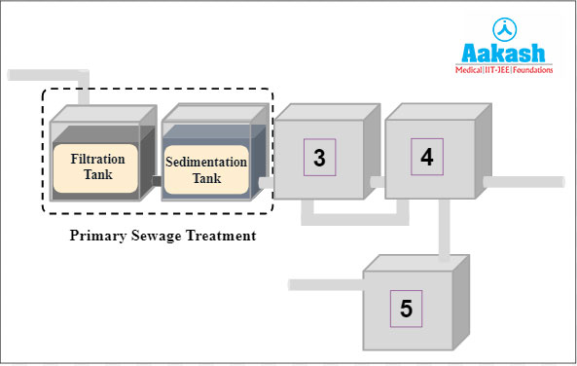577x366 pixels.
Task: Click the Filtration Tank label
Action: (x=96, y=167)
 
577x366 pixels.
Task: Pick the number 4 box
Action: (x=426, y=156)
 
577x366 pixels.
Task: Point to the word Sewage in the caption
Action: (x=162, y=235)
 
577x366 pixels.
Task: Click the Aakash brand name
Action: (x=504, y=52)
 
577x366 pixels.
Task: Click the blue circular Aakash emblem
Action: (x=504, y=26)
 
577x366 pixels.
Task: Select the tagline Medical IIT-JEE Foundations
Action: (x=504, y=70)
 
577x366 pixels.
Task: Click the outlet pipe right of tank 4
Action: (x=525, y=181)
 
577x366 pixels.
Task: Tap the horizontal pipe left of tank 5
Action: (x=326, y=284)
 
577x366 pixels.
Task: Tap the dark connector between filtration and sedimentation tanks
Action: (x=156, y=179)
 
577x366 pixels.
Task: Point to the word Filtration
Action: (x=97, y=159)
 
